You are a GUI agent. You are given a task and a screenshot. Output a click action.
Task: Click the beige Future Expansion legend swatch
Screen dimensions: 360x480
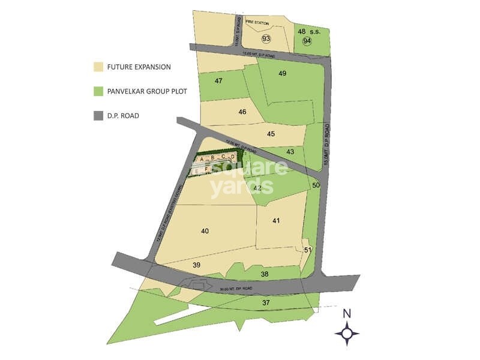tap(98, 67)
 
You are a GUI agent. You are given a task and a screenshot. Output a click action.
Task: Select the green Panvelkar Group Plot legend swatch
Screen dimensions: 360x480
tap(98, 91)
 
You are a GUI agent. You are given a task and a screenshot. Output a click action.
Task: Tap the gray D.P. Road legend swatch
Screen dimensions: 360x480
tap(98, 116)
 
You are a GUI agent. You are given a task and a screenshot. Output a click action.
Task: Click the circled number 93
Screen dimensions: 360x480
tap(266, 39)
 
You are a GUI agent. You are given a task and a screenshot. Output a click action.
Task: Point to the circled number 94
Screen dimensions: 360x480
tap(307, 41)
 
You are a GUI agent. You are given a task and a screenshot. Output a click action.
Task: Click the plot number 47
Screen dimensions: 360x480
tap(218, 81)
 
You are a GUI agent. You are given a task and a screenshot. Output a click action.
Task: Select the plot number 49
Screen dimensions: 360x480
tap(283, 73)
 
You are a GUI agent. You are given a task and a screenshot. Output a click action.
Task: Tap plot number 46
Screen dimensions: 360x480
tap(242, 112)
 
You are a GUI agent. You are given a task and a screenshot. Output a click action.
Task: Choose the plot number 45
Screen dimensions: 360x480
tap(271, 134)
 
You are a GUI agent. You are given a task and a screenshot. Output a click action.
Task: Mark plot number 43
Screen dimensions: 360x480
tap(290, 152)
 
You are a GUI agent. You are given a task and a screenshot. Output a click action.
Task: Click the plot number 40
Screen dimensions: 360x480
tap(205, 231)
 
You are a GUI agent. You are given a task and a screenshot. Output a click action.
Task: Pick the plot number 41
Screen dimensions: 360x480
tap(276, 221)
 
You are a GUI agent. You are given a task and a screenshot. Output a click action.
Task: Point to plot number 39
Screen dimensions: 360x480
tap(196, 265)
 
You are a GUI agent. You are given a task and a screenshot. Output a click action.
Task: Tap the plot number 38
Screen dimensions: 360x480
tap(265, 274)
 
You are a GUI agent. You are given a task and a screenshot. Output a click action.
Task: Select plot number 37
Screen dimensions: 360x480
tap(266, 303)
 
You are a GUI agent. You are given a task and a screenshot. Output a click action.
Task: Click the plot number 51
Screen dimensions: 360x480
tap(307, 250)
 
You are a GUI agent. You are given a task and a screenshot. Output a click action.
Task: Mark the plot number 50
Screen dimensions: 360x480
tap(316, 185)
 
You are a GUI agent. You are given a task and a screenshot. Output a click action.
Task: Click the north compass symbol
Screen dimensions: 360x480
tap(347, 333)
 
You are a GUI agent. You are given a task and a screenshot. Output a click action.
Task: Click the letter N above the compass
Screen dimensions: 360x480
tap(347, 313)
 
